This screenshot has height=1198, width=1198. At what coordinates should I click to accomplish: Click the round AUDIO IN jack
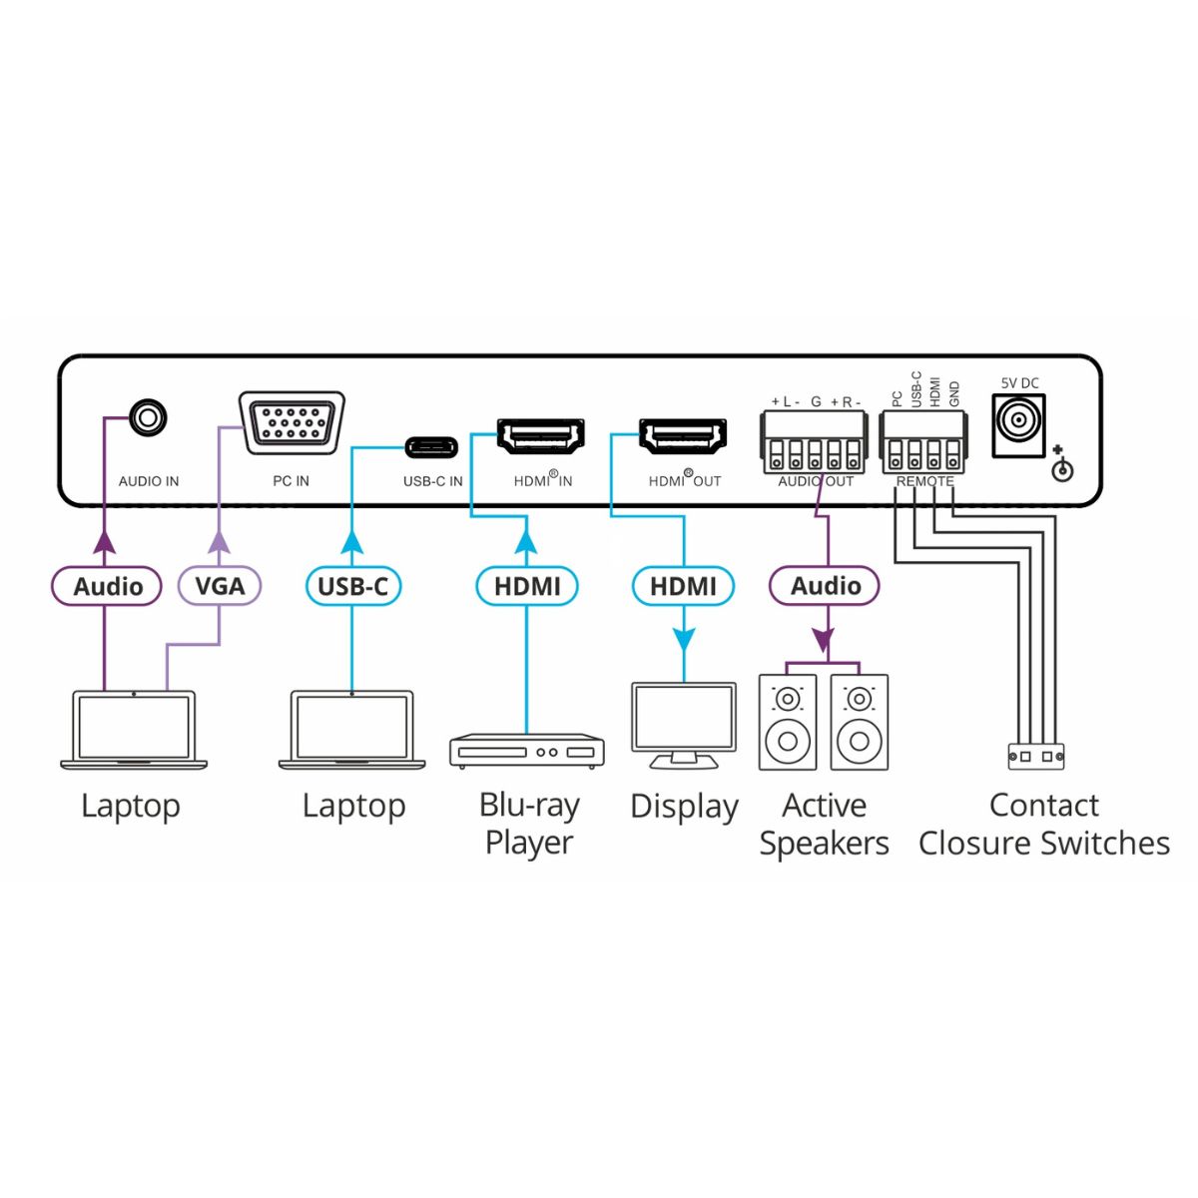(148, 417)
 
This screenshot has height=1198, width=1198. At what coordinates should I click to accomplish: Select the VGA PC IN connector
(292, 423)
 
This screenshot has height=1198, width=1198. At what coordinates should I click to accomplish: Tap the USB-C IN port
(431, 445)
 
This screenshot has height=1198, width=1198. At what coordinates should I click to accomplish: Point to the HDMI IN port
(540, 436)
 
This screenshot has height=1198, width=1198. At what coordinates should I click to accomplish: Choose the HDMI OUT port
(683, 436)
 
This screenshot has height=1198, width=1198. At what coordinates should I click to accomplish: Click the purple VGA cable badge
(220, 586)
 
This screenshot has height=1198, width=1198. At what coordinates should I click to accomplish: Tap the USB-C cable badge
(352, 586)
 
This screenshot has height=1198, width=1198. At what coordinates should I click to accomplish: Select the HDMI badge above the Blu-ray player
(527, 586)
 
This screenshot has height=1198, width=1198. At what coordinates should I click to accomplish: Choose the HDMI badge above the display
(683, 586)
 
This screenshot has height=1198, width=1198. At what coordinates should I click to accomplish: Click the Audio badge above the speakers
(825, 586)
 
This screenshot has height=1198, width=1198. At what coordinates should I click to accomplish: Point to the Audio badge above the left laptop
(107, 586)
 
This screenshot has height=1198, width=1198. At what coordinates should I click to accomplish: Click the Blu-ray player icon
(526, 751)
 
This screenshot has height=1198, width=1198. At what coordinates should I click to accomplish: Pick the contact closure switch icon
(1035, 757)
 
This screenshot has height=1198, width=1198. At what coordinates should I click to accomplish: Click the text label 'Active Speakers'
(824, 824)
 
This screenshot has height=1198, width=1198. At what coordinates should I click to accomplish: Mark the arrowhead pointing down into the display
(683, 639)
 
